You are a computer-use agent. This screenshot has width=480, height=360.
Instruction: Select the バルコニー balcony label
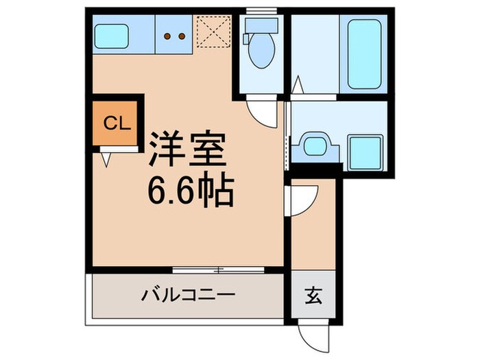189,296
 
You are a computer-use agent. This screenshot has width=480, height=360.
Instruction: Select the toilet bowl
260,53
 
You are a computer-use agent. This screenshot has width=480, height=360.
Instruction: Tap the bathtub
363,53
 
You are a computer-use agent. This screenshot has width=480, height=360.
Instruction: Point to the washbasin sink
314,146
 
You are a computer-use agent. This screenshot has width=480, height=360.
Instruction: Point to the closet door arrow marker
106,159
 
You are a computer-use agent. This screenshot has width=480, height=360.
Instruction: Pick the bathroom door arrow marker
297,87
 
